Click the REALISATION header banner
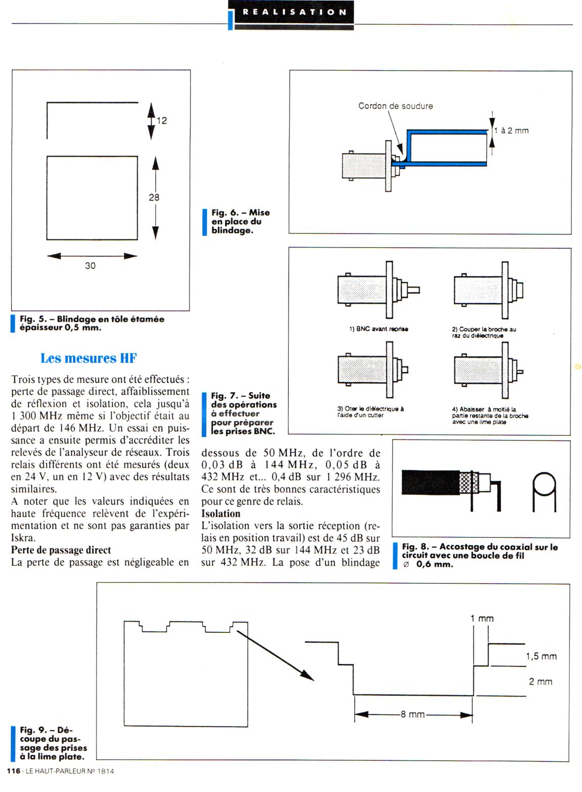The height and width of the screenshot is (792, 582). point(294,12)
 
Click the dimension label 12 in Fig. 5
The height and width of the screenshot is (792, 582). point(162,121)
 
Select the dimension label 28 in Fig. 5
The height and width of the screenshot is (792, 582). point(154,197)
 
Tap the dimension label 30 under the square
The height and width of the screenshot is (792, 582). point(90,266)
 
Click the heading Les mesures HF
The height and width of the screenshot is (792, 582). point(88,358)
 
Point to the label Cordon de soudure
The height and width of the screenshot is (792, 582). point(395,106)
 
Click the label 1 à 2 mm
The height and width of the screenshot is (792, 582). point(511,131)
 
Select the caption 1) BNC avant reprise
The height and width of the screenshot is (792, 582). point(378,329)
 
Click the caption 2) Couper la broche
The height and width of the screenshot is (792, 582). point(483,332)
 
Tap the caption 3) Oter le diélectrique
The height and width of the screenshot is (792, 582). point(370,412)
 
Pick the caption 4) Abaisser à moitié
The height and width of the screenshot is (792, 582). point(490,415)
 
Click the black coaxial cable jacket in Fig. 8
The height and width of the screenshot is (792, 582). point(429,482)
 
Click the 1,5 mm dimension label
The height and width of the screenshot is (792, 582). point(541,656)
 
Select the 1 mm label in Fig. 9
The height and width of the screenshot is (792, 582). point(481,619)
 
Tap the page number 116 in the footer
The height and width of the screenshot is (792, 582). point(13,771)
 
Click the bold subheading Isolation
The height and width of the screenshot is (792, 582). point(221,514)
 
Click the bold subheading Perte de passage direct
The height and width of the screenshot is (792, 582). point(61,550)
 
